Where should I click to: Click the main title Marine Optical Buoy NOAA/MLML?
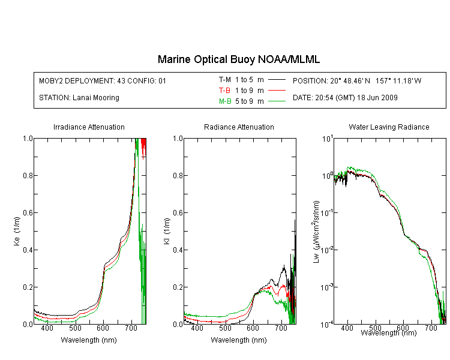point(238,59)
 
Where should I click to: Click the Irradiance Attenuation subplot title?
point(89,127)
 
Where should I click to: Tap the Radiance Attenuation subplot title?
point(239,127)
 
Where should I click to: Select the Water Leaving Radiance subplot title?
point(389,127)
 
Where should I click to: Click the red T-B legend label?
point(224,91)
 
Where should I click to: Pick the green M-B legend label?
point(225,101)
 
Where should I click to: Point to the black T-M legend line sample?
point(277,80)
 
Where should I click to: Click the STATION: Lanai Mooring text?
point(79,98)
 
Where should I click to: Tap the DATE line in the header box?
point(345,98)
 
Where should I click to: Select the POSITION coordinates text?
point(357,80)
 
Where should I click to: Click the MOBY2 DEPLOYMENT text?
point(103,80)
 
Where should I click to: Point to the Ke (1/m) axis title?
point(17,231)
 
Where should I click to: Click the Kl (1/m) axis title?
point(167,231)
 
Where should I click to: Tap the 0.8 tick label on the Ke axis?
point(28,175)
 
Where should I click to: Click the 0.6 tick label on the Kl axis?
point(178,213)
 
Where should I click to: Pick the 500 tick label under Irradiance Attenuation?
point(75,328)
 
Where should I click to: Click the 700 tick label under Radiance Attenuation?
point(281,328)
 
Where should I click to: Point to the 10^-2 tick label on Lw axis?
point(327,249)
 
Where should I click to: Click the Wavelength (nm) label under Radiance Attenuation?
point(239,340)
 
